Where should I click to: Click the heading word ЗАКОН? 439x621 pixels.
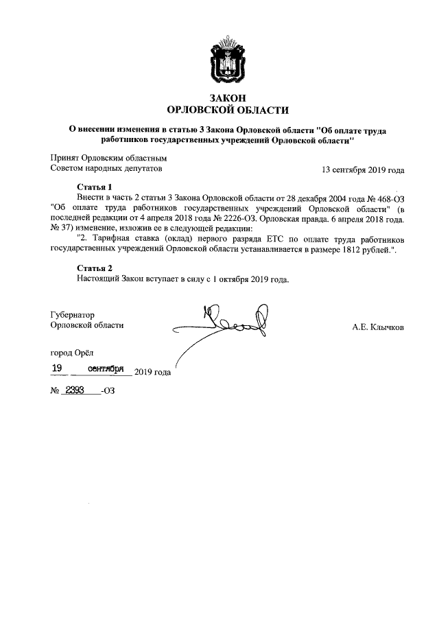219,98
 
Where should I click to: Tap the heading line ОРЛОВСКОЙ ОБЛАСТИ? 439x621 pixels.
219,110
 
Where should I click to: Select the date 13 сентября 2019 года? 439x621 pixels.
363,169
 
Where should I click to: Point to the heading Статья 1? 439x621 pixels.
94,187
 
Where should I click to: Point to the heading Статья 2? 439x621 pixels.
94,268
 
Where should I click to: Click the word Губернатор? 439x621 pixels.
72,315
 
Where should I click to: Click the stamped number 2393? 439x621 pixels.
73,390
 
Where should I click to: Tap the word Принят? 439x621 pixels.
65,157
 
